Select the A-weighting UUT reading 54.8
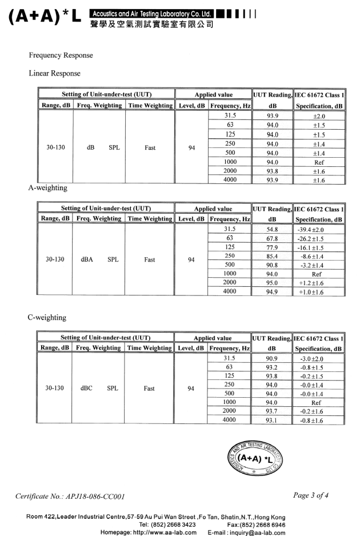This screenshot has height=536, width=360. coord(272,229)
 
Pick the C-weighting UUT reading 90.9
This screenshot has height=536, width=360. coord(272,359)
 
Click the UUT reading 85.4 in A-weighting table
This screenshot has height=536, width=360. coord(272,256)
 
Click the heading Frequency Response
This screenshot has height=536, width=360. coord(61,55)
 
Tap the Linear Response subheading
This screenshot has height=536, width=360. coord(55,73)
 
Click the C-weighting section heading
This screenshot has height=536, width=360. coord(47,317)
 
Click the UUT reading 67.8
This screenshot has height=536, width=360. coord(272,238)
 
